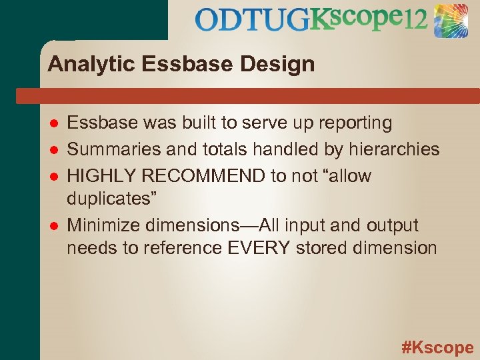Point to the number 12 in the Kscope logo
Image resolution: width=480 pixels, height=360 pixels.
click(415, 20)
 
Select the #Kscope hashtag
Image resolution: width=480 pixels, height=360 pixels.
click(437, 347)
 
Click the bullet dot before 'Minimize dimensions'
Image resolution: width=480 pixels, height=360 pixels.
click(54, 226)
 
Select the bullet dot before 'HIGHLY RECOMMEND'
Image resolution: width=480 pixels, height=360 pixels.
click(54, 177)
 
